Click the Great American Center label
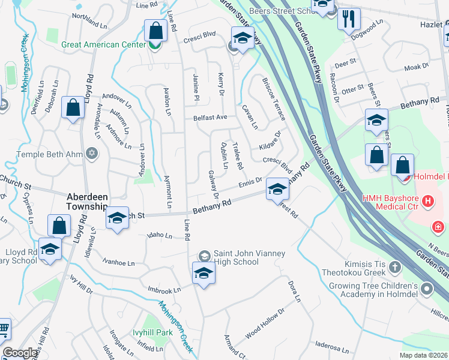click(x=104, y=44)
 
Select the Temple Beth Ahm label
click(x=48, y=154)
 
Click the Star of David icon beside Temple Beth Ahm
click(x=92, y=154)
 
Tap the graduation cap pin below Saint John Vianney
click(x=204, y=273)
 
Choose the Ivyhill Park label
click(x=152, y=332)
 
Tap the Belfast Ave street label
click(x=209, y=118)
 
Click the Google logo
click(x=20, y=353)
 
